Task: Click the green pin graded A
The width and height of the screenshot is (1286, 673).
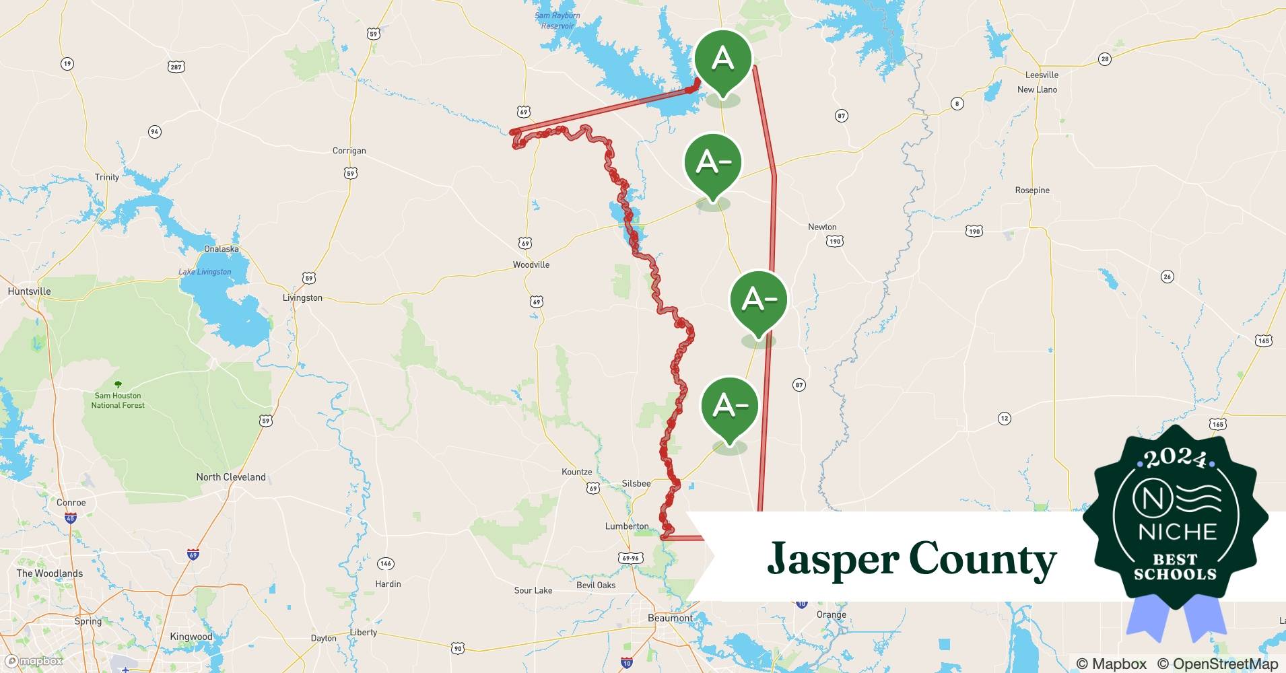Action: click(722, 59)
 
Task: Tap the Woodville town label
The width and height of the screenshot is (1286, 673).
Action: click(531, 265)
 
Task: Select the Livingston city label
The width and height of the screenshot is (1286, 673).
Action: click(302, 298)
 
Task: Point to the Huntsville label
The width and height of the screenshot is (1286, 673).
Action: click(29, 291)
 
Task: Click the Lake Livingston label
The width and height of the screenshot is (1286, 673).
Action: click(205, 272)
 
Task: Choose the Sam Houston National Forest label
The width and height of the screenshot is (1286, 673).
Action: click(118, 400)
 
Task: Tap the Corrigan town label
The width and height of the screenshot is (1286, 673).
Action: click(349, 151)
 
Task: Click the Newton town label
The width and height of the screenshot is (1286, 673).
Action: click(822, 227)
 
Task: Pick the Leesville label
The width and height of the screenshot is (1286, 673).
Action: click(1042, 75)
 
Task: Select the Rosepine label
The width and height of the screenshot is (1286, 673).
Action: click(1032, 190)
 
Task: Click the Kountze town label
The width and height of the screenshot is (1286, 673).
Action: click(577, 472)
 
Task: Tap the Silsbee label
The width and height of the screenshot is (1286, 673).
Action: click(636, 483)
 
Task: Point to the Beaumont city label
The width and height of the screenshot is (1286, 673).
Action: click(669, 618)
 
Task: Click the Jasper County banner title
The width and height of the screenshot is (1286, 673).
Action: click(912, 559)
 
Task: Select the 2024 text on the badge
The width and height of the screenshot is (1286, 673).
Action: click(1176, 458)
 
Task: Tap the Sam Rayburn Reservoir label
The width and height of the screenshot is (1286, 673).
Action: click(557, 21)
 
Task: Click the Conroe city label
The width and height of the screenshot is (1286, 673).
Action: click(71, 503)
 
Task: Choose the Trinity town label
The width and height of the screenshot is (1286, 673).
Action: click(106, 177)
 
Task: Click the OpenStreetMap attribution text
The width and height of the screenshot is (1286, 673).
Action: click(1217, 664)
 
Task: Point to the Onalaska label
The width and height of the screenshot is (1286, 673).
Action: click(221, 249)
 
